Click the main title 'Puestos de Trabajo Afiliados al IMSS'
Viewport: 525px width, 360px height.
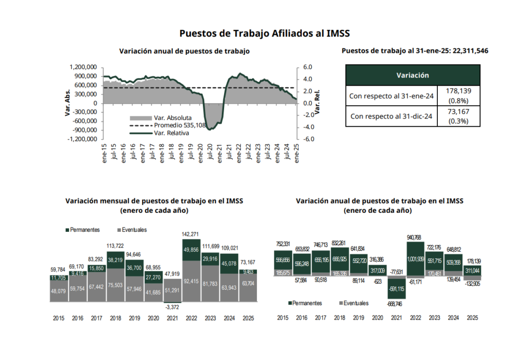264,33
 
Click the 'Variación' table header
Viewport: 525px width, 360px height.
412,75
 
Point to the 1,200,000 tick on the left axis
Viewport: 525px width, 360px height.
83,67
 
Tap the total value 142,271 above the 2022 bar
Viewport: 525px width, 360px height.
191,234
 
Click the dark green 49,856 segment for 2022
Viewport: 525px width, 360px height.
191,250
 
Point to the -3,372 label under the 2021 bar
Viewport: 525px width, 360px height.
172,307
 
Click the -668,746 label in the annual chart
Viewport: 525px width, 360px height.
395,304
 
